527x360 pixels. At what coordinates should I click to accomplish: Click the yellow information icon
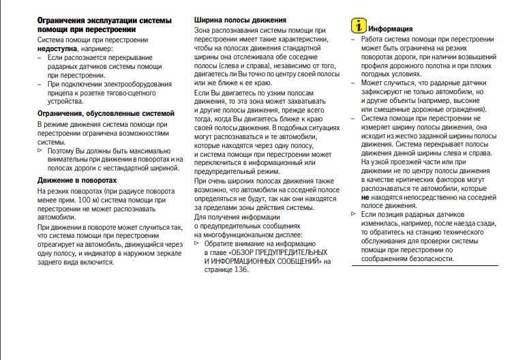(359, 27)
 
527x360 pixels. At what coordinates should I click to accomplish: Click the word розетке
(85, 92)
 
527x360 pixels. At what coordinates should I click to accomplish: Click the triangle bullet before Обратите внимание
(197, 243)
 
